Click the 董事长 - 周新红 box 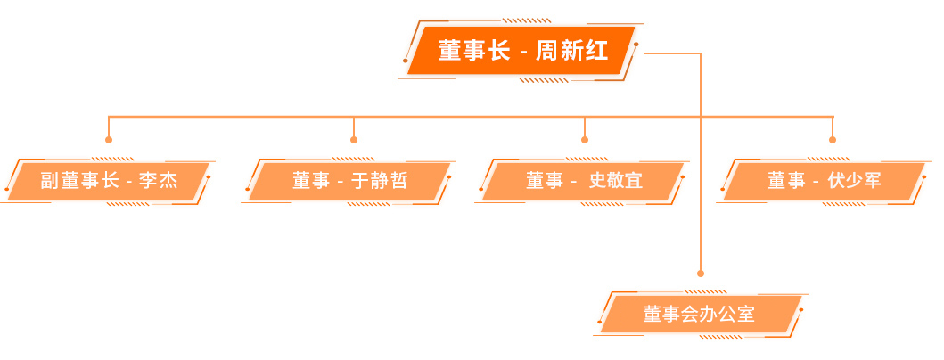point(521,51)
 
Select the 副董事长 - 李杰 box point(109,181)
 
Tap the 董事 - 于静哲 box point(349,181)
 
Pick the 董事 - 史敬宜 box point(583,181)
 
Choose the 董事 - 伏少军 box point(825,181)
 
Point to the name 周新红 point(571,51)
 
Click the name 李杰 point(159,181)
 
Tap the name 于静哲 point(379,181)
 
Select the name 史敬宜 point(615,181)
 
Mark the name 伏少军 point(854,181)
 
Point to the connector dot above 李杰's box point(109,140)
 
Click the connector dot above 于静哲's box point(353,140)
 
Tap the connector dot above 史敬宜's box point(584,140)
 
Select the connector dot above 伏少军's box point(833,140)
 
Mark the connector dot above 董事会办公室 point(700,274)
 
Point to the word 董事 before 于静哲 point(311,181)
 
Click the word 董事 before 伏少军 point(786,181)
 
